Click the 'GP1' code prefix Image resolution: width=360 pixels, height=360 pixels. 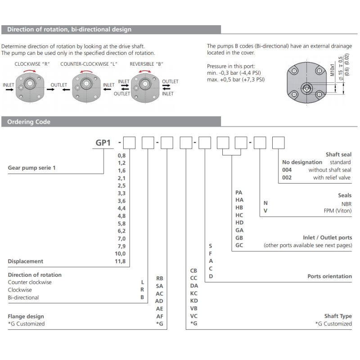103,143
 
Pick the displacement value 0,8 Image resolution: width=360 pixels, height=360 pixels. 121,155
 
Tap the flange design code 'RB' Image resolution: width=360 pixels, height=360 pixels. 159,279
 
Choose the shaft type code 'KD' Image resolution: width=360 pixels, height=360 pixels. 194,301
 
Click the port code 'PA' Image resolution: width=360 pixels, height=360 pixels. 239,192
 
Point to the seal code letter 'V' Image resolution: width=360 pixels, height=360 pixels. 265,211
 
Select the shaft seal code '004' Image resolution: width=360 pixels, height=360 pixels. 287,170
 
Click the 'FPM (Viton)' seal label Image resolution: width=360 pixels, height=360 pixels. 338,211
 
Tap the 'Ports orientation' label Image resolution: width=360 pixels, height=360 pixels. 329,276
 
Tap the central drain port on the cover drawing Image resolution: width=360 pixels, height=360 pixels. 306,88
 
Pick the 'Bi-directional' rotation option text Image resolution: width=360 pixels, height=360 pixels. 23,297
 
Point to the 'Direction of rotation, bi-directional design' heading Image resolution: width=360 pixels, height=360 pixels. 69,30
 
